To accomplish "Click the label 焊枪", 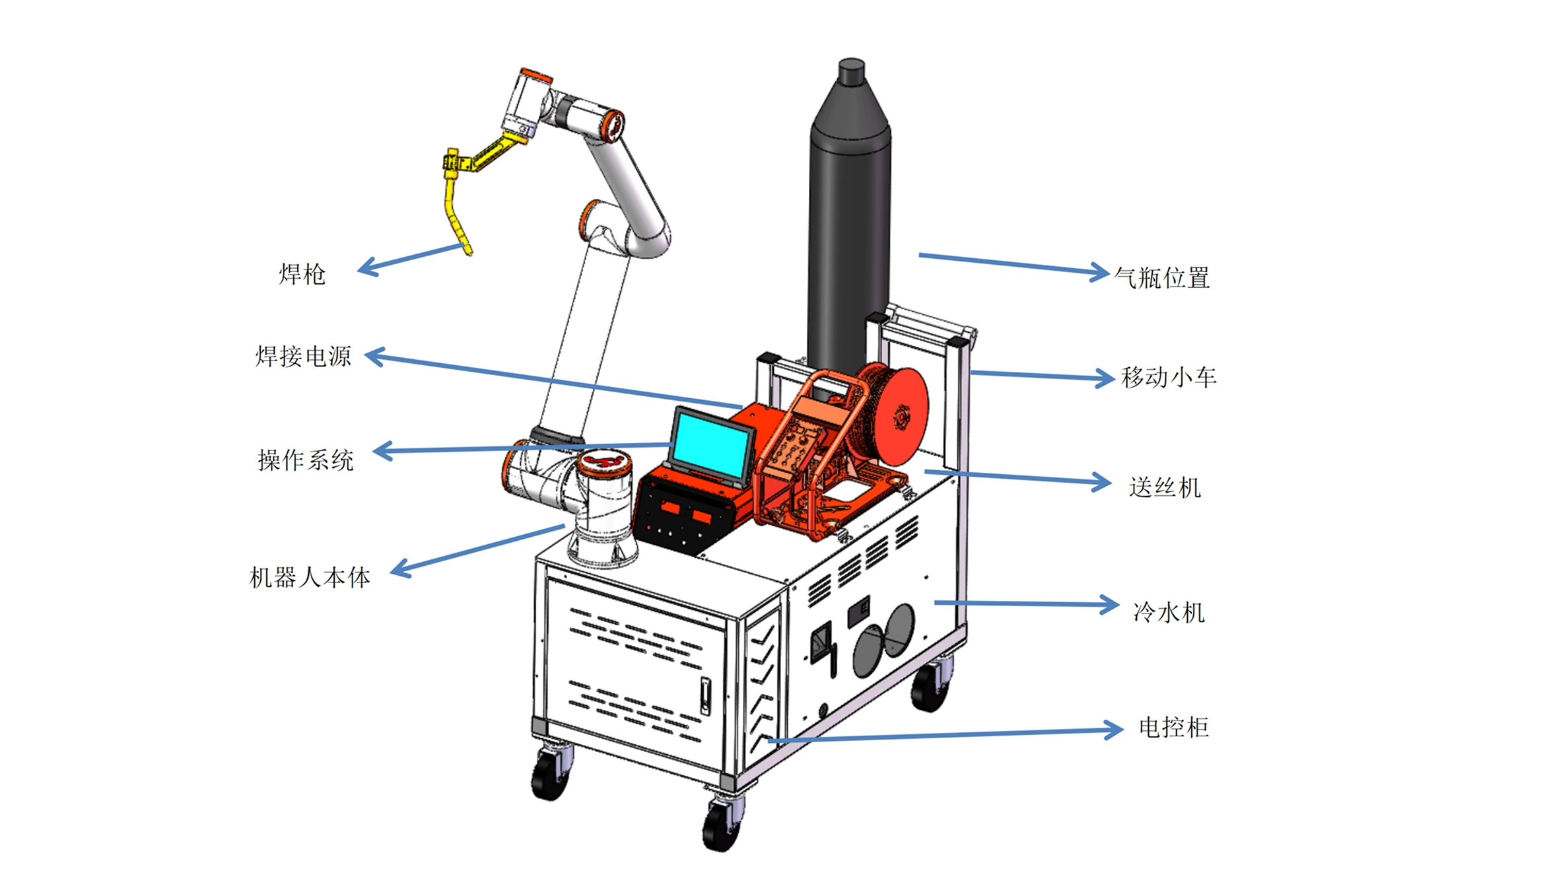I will tap(302, 274).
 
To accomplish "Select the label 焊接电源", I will tap(303, 357).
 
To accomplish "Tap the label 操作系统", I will tap(305, 460).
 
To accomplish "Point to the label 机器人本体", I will tap(310, 578).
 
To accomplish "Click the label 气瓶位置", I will tap(1162, 278).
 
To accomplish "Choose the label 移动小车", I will tap(1169, 378).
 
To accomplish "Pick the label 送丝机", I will tap(1165, 488).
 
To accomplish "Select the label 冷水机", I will tap(1169, 612).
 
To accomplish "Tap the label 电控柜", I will tap(1173, 728).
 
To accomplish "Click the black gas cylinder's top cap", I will tap(851, 70).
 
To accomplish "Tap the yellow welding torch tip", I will tap(468, 250).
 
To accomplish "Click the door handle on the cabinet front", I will tap(704, 696).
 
